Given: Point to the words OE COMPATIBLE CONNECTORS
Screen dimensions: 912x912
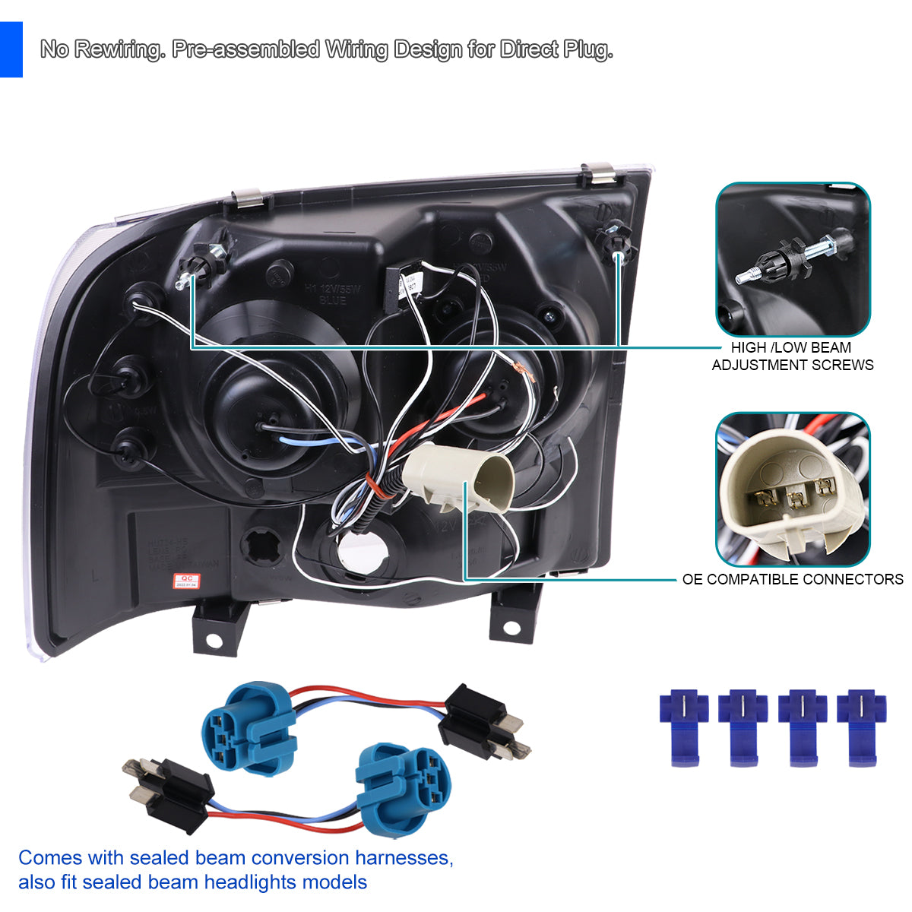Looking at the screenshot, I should (793, 580).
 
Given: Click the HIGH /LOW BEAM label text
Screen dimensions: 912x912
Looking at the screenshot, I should (791, 348).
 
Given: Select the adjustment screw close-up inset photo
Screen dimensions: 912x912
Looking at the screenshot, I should (793, 259).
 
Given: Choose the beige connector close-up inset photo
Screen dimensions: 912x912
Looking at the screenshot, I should (793, 489).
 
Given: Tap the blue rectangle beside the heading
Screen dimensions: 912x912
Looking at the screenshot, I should (11, 49).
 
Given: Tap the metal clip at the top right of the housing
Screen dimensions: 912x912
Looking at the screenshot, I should (600, 173).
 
